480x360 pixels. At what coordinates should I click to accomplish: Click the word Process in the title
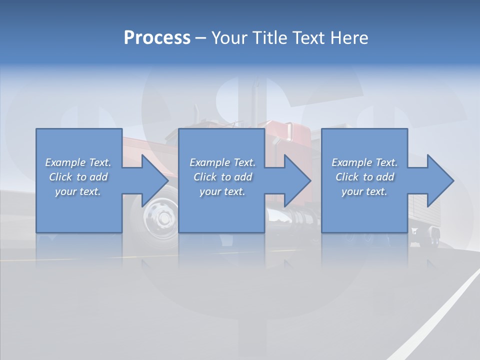coord(157,38)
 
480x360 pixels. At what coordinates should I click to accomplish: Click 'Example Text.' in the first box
coord(78,162)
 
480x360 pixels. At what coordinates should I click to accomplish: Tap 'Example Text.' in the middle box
coord(222,162)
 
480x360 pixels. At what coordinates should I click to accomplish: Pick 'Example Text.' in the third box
coord(364,162)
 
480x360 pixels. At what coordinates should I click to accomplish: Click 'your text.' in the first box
coord(78,191)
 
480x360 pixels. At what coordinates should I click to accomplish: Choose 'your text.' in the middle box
coord(222,191)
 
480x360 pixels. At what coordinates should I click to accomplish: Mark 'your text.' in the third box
coord(364,191)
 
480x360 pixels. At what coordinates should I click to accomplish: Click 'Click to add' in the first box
coord(78,177)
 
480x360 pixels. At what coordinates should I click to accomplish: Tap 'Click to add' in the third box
coord(364,177)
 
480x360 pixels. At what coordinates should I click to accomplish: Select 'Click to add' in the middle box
coord(222,177)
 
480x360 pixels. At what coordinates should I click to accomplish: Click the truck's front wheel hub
coord(161,218)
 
